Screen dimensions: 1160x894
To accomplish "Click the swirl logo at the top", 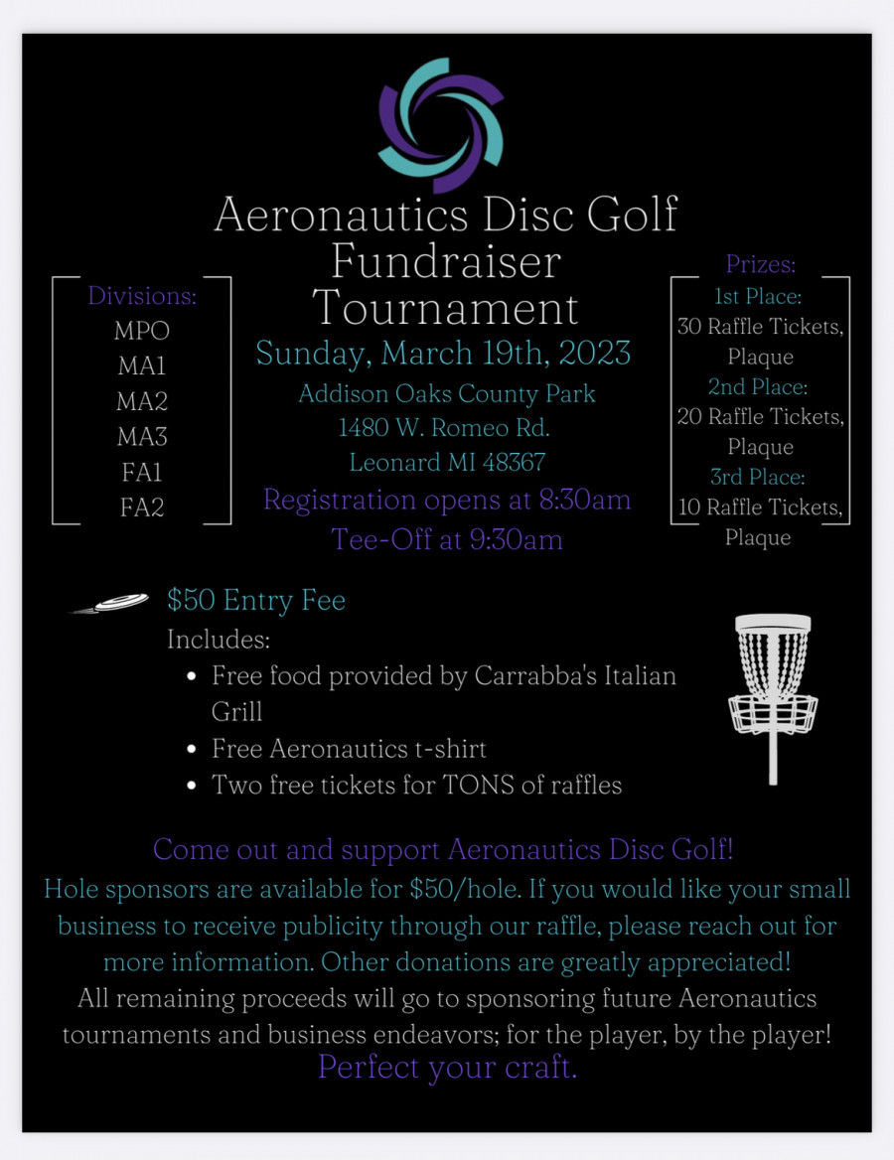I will coord(442,125).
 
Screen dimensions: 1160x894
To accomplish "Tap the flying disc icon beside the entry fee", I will coord(111,603).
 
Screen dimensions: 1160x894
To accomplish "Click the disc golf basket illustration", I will coord(773,695).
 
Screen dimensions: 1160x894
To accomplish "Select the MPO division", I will coord(142,331).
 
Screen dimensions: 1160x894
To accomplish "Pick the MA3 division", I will coord(142,436).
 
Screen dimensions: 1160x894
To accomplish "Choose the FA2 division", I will coord(142,507).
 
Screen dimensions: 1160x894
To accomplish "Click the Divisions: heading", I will coord(142,295).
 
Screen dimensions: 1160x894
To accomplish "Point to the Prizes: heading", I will coord(761,264).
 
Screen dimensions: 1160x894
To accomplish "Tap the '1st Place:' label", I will coord(759,296).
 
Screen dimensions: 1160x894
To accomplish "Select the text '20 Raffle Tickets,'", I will coord(761,417).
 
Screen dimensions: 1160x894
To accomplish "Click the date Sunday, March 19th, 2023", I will coord(443,353).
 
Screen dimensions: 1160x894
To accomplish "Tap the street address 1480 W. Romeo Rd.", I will coord(444,428).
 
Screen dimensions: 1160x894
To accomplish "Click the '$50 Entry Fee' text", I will coord(256,600).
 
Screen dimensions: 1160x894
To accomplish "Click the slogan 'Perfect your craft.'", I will coord(447,1067).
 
